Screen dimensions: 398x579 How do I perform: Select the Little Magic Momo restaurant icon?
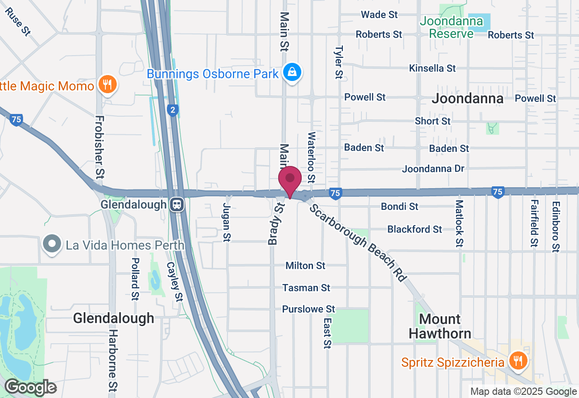[x=108, y=85]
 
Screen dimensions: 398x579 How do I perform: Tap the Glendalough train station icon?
[x=177, y=204]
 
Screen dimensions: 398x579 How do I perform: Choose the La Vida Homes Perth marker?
[x=52, y=244]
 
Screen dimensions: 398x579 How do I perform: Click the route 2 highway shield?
[x=172, y=110]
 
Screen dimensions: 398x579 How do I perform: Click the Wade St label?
[x=379, y=15]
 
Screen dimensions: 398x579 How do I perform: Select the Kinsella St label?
[x=432, y=68]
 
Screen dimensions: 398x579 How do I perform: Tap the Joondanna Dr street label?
[x=433, y=169]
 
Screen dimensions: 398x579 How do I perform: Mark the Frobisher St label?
[x=100, y=146]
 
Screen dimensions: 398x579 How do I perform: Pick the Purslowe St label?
[x=308, y=309]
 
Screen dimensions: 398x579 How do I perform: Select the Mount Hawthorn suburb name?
[x=439, y=326]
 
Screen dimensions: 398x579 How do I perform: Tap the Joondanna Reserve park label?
[x=446, y=27]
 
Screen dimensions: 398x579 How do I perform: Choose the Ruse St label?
[x=19, y=22]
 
